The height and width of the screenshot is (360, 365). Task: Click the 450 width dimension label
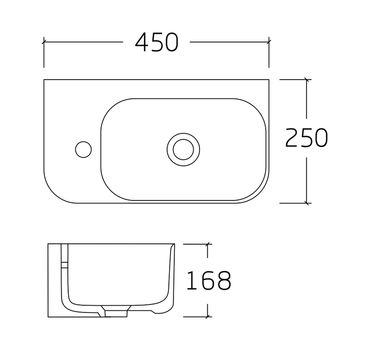[x=157, y=42]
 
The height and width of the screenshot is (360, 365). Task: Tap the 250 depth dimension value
[x=307, y=138]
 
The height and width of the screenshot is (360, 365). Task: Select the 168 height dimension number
[x=209, y=280]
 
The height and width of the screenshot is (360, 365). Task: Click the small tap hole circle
[x=83, y=149]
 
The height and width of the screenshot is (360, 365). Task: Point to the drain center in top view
[x=183, y=149]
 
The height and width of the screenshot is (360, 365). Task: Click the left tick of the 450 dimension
[x=44, y=42]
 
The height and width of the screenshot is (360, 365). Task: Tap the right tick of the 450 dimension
[x=269, y=42]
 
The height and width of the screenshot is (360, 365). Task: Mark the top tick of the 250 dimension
[x=307, y=80]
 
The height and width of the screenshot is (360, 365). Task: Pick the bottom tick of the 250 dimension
[x=307, y=203]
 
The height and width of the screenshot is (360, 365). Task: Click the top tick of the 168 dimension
[x=207, y=244]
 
